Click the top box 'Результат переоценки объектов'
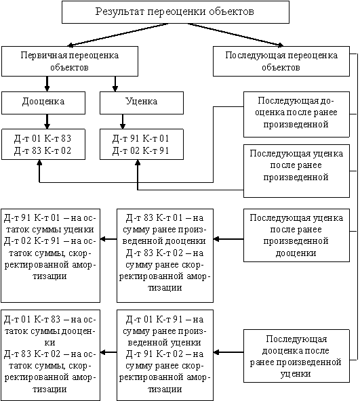click(176, 12)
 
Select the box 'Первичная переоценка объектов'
click(70, 61)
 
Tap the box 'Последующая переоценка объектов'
click(281, 61)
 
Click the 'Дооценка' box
click(43, 103)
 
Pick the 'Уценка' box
click(142, 103)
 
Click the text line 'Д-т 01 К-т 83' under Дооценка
click(43, 139)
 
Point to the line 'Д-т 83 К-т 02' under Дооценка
click(43, 150)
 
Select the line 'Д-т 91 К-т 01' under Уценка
click(140, 139)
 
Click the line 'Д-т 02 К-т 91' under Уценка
click(140, 150)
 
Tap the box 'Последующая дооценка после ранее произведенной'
click(296, 114)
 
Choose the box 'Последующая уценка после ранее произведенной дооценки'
click(296, 235)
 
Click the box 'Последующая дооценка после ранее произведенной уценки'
click(296, 356)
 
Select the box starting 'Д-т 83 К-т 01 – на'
click(165, 255)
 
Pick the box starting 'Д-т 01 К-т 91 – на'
click(165, 355)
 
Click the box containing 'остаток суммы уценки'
click(50, 255)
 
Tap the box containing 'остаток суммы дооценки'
click(50, 355)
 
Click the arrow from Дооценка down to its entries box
click(47, 121)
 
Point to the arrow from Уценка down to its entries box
click(123, 121)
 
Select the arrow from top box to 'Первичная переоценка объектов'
click(118, 35)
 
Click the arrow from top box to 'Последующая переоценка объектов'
click(236, 35)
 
